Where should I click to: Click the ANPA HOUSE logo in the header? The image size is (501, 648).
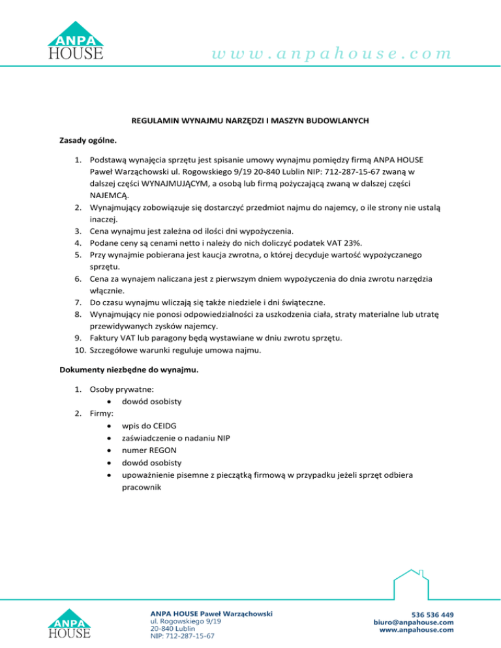point(75,40)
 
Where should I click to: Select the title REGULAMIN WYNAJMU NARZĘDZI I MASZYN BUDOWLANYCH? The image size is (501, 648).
point(250,121)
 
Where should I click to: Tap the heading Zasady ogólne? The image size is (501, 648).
point(81,140)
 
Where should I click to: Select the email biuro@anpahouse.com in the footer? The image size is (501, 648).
point(414,622)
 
